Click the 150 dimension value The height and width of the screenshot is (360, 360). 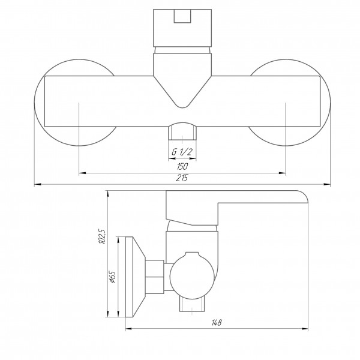[182, 166]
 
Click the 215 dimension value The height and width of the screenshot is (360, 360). [182, 178]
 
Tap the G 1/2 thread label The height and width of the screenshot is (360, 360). [182, 152]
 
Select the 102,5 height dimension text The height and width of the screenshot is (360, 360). [102, 236]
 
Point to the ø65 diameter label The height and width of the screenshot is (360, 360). [113, 277]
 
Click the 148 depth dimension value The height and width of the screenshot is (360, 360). [217, 323]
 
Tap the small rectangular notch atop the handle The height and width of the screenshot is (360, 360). [182, 16]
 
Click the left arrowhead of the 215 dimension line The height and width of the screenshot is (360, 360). [38, 184]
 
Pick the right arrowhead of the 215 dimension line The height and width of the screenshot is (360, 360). [327, 184]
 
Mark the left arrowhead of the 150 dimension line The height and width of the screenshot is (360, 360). [82, 173]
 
